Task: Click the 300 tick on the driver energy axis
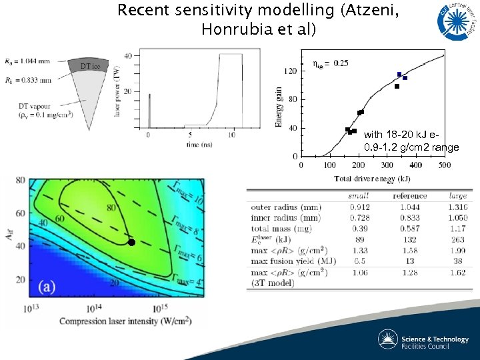click(x=387, y=165)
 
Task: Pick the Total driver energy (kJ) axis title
click(x=372, y=178)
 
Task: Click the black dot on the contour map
click(x=131, y=242)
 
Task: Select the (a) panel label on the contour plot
click(x=47, y=287)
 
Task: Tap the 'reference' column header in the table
click(x=410, y=196)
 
